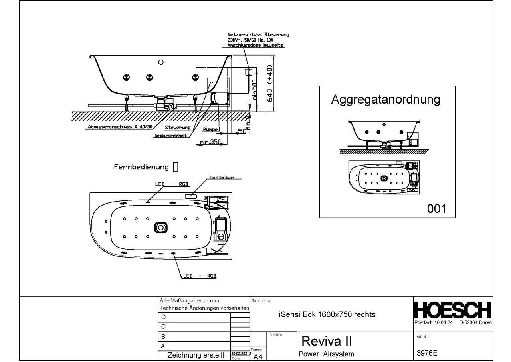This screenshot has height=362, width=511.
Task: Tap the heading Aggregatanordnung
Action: [x=386, y=100]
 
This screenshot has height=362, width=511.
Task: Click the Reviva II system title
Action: [x=327, y=341]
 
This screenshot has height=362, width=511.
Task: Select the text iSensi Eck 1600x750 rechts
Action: [x=327, y=314]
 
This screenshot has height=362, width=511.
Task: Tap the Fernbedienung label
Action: [x=142, y=167]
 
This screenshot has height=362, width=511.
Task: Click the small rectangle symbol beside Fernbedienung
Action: [x=175, y=167]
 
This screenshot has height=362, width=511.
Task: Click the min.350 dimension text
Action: [x=210, y=142]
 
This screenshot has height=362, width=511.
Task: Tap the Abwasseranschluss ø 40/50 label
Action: [x=115, y=128]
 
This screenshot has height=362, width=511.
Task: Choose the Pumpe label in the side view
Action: [x=210, y=129]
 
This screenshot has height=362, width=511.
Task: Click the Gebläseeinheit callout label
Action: [x=171, y=136]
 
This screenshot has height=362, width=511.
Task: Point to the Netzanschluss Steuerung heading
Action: [x=258, y=35]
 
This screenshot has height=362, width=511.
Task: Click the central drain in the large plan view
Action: [x=160, y=227]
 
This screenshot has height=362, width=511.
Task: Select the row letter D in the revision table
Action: [x=162, y=317]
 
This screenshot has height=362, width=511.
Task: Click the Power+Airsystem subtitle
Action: [x=327, y=354]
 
